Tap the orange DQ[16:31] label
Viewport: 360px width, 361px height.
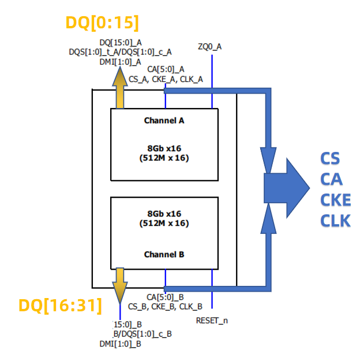coord(60,305)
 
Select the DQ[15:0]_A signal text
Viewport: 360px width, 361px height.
coord(121,42)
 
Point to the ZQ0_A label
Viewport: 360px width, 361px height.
coord(209,46)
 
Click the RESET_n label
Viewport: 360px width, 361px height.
coord(212,320)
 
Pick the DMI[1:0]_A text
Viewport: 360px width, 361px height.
coord(120,62)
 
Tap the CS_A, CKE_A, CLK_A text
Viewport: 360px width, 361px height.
coord(166,79)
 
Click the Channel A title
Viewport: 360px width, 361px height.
coord(164,121)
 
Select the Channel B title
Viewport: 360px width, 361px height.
coord(164,254)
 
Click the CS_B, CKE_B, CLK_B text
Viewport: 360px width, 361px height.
coord(165,306)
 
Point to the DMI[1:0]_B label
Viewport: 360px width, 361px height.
coord(120,344)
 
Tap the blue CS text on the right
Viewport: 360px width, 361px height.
coord(330,159)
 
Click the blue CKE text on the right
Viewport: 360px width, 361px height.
coord(335,200)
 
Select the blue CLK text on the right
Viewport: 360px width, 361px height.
coord(335,221)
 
